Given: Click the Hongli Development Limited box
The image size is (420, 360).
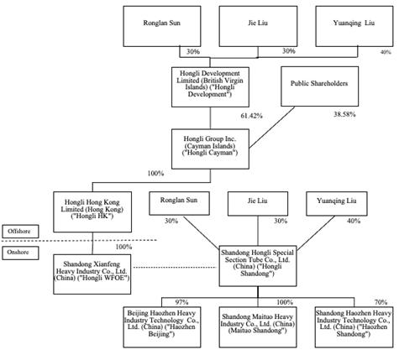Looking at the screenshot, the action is coord(210,87).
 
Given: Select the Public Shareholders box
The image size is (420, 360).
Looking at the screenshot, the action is coord(320,86).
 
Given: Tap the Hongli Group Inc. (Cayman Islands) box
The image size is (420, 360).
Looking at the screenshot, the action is coord(210,149).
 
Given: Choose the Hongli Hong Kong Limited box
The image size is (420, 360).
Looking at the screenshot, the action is coord(92,211).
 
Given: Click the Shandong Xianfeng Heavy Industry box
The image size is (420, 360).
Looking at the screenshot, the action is coord(92,274).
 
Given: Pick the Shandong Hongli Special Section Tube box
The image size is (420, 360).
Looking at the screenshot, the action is coord(258,266).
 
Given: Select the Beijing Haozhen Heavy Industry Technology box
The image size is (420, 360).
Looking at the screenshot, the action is coord(162,327).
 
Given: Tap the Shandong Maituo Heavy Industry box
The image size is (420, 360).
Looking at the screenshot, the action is coord(258,327).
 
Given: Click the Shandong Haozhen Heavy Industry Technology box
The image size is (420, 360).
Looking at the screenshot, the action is coord(354,327).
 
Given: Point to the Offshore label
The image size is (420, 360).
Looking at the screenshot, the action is coord(20,232).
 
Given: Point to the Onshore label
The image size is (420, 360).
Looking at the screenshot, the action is coord(20,253).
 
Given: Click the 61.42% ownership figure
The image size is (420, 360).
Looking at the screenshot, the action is coord(251,116).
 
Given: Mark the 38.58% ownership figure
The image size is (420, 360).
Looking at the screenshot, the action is coord(344,114).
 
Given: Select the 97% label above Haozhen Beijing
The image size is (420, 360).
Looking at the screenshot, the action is coord(181,302).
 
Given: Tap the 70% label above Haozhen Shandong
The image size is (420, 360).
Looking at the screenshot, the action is coord(381,302).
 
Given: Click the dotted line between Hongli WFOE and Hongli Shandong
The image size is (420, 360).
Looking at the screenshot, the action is coord(175,268).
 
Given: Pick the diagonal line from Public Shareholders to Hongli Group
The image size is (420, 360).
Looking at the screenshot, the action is coord(272,128).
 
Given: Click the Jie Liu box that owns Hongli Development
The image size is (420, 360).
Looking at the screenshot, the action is coord(258,26).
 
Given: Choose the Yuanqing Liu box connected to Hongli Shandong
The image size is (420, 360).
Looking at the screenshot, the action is coord(337,204).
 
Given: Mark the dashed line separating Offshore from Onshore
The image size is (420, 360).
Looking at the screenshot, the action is coord(79,240).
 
